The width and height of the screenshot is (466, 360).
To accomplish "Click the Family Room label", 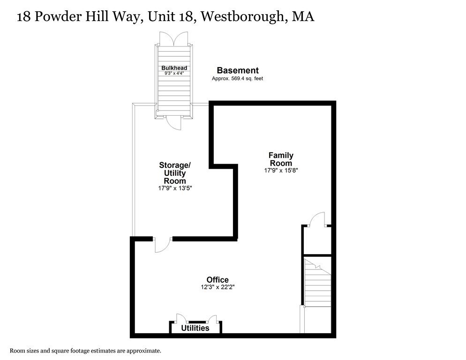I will [281, 159].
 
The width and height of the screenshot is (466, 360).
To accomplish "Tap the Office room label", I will [218, 280].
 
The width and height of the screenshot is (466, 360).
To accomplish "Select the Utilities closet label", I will [195, 328].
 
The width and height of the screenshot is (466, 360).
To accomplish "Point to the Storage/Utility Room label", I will [175, 172].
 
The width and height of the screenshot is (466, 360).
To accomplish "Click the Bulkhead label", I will [174, 68].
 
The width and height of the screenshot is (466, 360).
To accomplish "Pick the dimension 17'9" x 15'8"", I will [281, 171].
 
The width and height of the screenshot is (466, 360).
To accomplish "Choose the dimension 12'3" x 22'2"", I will [218, 287].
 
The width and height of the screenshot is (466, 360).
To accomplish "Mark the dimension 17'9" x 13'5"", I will [175, 188].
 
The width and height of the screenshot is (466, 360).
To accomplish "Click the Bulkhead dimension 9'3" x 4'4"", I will [174, 74].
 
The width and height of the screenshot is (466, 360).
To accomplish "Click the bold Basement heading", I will [237, 70].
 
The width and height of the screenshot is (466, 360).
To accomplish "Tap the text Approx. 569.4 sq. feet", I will [237, 79].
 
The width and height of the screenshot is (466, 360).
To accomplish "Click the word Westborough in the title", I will [244, 17].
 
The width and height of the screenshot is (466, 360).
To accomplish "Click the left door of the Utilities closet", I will [180, 318].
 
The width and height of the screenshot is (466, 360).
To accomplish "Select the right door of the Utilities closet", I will [212, 318].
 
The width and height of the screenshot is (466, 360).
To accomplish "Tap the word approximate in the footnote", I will [144, 351].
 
